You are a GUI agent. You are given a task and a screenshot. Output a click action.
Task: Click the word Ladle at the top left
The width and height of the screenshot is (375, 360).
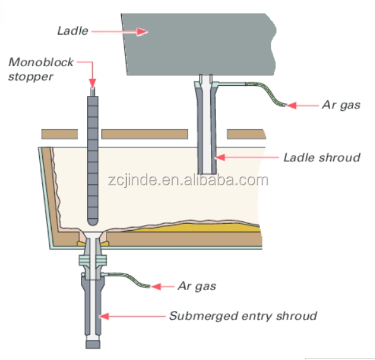[x=73, y=31]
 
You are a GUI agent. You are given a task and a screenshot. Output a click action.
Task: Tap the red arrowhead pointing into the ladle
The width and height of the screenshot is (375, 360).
[x=142, y=32]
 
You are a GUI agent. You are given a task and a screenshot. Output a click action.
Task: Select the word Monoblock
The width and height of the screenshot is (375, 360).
[x=41, y=62]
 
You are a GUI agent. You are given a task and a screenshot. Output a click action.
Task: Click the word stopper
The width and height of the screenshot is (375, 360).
[x=30, y=77]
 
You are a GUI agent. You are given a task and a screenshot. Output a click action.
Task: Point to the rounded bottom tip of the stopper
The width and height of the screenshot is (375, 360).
[x=93, y=222]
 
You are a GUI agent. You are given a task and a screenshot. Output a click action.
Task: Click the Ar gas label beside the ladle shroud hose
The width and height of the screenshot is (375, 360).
[x=341, y=105]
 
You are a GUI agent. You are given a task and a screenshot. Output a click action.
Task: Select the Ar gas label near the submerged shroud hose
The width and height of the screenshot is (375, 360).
[x=197, y=286]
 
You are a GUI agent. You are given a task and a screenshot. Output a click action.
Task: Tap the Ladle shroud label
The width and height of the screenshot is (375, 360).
[x=322, y=158]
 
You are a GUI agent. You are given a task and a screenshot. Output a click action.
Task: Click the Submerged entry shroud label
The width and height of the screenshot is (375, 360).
[x=243, y=316]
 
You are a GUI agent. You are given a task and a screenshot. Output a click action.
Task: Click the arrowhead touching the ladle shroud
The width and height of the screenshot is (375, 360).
[x=220, y=158]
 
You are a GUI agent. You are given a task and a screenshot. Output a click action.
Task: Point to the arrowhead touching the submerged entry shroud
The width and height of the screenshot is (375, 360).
[x=104, y=316]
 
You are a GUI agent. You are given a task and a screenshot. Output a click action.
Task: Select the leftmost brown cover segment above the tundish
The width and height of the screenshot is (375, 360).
[x=59, y=134]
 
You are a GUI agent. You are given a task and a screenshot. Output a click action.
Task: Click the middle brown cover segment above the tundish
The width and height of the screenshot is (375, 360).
[x=145, y=134]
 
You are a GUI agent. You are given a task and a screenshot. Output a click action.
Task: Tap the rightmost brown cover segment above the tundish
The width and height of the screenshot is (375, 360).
[x=246, y=134]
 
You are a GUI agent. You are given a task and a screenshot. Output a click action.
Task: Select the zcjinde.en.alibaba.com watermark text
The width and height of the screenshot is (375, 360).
[x=188, y=180]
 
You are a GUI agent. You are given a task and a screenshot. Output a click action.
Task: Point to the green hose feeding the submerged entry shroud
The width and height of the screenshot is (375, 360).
[x=129, y=279]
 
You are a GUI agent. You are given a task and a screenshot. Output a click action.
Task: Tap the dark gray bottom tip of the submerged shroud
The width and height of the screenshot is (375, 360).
[x=93, y=345]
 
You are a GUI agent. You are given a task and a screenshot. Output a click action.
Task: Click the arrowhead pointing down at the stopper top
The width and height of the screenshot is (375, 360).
[x=93, y=83]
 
